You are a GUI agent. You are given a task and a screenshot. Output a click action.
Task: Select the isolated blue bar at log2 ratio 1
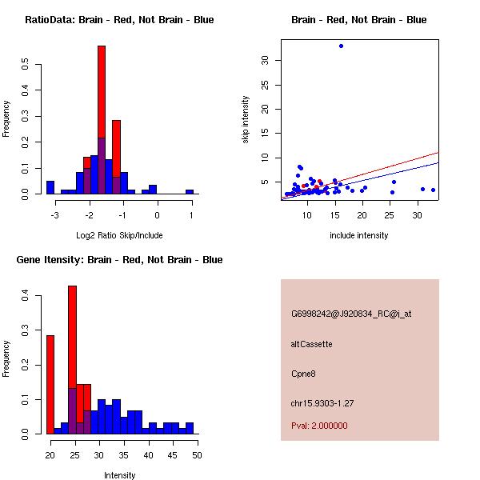coord(190,192)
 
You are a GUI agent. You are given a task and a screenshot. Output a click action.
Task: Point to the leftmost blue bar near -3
coord(50,187)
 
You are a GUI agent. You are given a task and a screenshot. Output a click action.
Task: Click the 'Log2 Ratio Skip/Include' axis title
coord(119,235)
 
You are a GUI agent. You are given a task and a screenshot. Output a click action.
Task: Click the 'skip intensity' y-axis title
coord(246,120)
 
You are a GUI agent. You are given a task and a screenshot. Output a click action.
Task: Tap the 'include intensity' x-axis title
coord(359,235)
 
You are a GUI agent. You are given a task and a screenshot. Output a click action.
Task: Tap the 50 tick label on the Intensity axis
coord(196,455)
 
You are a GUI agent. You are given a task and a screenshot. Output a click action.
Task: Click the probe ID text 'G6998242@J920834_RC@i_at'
coord(351,314)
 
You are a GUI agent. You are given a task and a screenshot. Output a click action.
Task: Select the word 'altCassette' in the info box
coord(311,344)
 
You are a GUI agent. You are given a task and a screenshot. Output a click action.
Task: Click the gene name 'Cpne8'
coord(303,374)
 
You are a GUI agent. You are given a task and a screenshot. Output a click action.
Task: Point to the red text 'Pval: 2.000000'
coord(319,426)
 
